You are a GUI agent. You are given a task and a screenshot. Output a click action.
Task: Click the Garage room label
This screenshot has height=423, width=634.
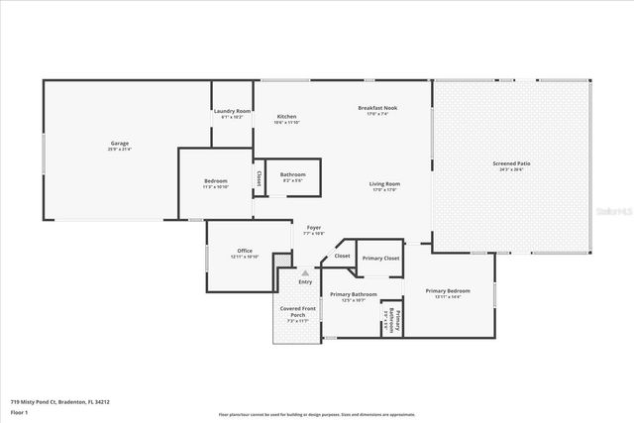coord(119,144)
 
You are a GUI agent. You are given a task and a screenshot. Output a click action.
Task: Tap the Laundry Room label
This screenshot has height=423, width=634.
coord(232,111)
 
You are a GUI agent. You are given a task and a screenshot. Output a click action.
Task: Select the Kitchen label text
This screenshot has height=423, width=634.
coord(286,116)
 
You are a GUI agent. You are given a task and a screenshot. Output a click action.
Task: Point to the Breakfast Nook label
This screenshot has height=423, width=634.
coord(378,107)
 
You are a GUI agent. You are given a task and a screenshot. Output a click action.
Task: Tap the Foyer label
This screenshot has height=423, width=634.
coord(313,227)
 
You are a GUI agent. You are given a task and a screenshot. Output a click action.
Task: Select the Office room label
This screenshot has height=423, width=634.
coord(245,251)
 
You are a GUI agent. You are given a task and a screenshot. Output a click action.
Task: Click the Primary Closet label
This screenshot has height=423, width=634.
coord(380,258)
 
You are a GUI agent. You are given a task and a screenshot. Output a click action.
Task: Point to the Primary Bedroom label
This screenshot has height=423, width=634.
coord(448,290)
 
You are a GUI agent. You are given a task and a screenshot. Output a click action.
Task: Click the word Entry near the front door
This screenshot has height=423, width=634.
coord(305,282)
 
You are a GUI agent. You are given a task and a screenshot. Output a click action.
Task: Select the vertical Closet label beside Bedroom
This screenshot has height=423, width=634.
coord(260,180)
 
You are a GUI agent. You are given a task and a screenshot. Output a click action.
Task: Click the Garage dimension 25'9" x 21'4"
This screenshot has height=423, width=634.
coord(119,150)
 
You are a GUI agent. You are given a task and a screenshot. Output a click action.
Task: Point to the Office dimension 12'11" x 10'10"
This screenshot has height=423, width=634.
coord(245,257)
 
